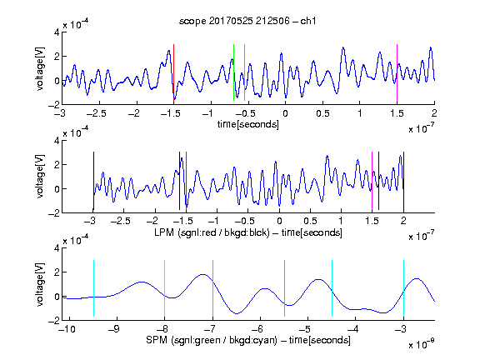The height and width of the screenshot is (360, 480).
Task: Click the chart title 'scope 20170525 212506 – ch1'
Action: pos(247,21)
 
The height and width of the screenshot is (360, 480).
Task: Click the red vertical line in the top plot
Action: pos(173,72)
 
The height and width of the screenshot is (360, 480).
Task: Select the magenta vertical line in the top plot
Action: pos(397,73)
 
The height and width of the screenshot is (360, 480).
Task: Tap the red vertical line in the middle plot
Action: pos(186,179)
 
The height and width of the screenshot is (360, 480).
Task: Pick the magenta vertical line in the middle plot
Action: pos(372,182)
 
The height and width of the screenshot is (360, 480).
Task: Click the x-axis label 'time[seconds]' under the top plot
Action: pos(248,124)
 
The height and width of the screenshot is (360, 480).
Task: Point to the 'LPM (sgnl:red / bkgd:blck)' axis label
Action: pos(212,232)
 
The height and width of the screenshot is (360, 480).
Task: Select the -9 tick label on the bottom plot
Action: pos(113,329)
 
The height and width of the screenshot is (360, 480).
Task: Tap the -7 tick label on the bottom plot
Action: pos(209,329)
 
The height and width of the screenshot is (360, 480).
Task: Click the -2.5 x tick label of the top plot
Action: pos(96,113)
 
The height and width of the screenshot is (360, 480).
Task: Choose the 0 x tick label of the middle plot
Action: pos(279,221)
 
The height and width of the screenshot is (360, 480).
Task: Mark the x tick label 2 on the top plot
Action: pos(434,113)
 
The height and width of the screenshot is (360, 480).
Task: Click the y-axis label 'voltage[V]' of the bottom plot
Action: pos(40,284)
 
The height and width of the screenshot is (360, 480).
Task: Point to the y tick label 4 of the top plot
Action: pos(57,32)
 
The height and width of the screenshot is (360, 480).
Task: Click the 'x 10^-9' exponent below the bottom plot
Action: pos(421,344)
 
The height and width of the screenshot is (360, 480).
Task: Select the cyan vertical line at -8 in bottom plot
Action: pos(165,288)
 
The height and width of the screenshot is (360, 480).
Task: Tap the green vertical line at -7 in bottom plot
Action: pos(212,288)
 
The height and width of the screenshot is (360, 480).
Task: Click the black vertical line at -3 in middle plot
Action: pos(93,181)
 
